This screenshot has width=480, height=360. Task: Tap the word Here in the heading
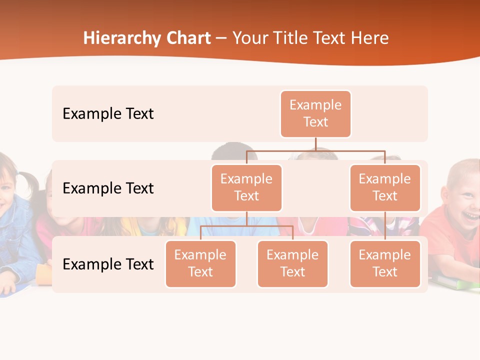369,38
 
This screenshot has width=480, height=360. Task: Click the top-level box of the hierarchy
315,114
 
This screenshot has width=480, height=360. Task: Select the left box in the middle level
246,188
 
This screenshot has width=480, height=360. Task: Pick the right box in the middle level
385,188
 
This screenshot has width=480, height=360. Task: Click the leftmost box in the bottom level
200,264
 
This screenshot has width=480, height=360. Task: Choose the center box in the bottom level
292,264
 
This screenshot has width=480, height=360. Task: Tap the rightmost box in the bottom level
385,264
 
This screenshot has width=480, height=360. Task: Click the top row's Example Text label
108,114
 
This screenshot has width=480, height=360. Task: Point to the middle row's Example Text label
108,188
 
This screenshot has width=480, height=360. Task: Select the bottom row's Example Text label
108,264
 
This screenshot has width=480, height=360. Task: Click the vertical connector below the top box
315,144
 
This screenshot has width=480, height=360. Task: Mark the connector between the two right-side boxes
385,226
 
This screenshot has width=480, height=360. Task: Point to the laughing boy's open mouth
469,215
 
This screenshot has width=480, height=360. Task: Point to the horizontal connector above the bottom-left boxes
246,226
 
